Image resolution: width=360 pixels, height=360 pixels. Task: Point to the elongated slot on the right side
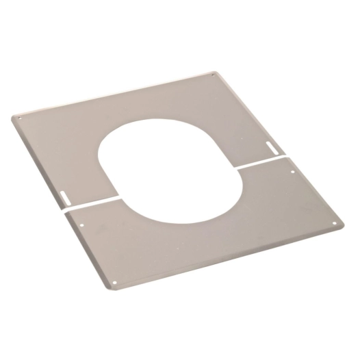tap(272, 146)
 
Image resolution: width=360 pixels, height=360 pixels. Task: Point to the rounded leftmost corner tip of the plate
tap(13, 117)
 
